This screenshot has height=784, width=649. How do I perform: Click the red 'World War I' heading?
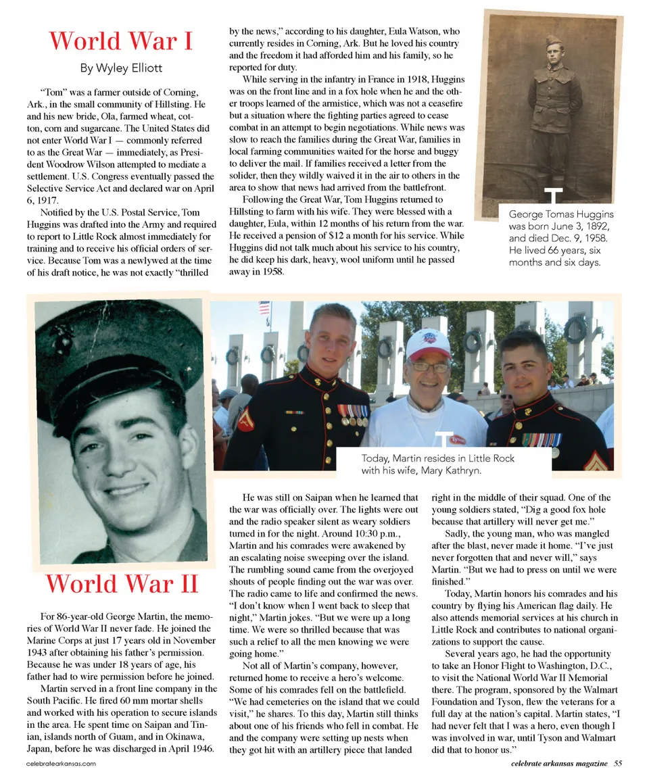(121, 41)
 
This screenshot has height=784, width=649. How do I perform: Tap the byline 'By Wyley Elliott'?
(121, 68)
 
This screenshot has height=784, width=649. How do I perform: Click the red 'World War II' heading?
(122, 583)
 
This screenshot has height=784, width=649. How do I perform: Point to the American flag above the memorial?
(264, 308)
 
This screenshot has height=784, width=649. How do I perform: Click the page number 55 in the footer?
(618, 764)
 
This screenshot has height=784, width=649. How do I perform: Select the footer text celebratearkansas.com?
(61, 764)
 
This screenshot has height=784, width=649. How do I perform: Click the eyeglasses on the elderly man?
(429, 366)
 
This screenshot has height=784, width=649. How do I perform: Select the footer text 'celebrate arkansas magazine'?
(559, 764)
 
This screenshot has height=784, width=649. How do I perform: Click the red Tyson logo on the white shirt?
(458, 439)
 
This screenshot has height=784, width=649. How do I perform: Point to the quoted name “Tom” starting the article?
(53, 92)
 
